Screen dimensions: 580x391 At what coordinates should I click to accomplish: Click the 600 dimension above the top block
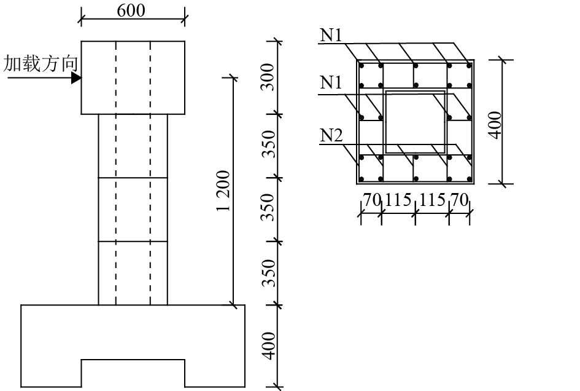[x=133, y=11]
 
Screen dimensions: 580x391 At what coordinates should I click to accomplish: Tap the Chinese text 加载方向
[x=41, y=63]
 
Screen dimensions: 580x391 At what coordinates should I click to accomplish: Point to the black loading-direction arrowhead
[x=76, y=78]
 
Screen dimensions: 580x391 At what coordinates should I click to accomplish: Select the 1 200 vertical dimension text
[x=223, y=191]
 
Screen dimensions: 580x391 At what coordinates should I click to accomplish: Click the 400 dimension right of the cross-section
[x=495, y=123]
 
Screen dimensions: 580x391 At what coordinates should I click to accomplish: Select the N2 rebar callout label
[x=331, y=136]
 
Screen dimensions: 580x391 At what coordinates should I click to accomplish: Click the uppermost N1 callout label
[x=331, y=35]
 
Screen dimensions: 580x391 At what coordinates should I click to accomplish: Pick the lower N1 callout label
[x=331, y=83]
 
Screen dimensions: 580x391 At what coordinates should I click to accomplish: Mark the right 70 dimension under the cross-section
[x=460, y=200]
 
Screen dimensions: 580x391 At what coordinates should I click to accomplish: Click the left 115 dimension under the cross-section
[x=398, y=200]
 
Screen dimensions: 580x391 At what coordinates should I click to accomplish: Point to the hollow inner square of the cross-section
[x=415, y=121]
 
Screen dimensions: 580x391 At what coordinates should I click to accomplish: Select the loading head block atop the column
[x=133, y=77]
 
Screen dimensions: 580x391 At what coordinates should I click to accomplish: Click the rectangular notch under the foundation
[x=133, y=373]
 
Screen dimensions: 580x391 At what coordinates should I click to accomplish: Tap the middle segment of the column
[x=133, y=209]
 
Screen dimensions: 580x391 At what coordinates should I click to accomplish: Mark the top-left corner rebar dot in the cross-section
[x=362, y=65]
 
